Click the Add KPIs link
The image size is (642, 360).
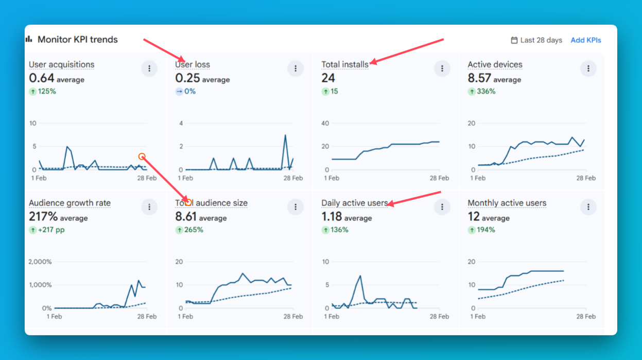[585, 40]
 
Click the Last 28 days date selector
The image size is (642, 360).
[536, 40]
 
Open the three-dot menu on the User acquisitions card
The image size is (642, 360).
[149, 68]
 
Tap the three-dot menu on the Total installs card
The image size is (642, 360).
[442, 68]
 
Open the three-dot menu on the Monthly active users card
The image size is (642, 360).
[588, 207]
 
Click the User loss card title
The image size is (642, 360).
[193, 64]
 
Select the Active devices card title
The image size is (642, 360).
[495, 64]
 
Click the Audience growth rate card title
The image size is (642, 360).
[70, 203]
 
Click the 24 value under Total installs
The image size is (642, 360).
[328, 78]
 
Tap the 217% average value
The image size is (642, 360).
[43, 217]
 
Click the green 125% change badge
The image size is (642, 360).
[43, 92]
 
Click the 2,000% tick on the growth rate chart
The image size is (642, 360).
[40, 262]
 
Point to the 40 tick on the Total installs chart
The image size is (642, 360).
[325, 123]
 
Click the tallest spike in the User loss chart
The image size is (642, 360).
[285, 135]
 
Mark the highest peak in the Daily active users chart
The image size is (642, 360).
[360, 276]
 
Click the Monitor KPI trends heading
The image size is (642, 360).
[77, 40]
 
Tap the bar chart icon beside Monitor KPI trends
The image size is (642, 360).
[29, 39]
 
